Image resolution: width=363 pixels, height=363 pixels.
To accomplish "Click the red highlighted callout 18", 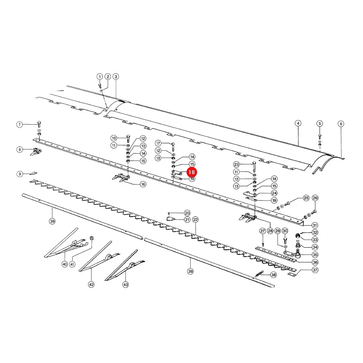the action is pyautogui.click(x=192, y=172).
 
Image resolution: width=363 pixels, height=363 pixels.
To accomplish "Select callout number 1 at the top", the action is pyautogui.click(x=100, y=77).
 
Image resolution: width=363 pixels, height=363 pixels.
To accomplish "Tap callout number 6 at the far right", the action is pyautogui.click(x=341, y=124).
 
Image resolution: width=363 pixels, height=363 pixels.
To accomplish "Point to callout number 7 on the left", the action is pyautogui.click(x=20, y=125).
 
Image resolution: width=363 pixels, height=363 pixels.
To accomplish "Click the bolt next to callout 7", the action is pyautogui.click(x=39, y=124).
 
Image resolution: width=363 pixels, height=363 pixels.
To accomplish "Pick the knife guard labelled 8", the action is pyautogui.click(x=36, y=152).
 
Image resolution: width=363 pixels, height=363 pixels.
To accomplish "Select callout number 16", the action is pyautogui.click(x=143, y=184).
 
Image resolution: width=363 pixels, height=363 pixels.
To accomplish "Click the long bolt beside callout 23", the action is pyautogui.click(x=254, y=167).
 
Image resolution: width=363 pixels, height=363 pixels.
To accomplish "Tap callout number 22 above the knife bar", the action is pyautogui.click(x=195, y=220).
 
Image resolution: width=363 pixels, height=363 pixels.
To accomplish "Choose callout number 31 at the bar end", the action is pyautogui.click(x=315, y=225).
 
